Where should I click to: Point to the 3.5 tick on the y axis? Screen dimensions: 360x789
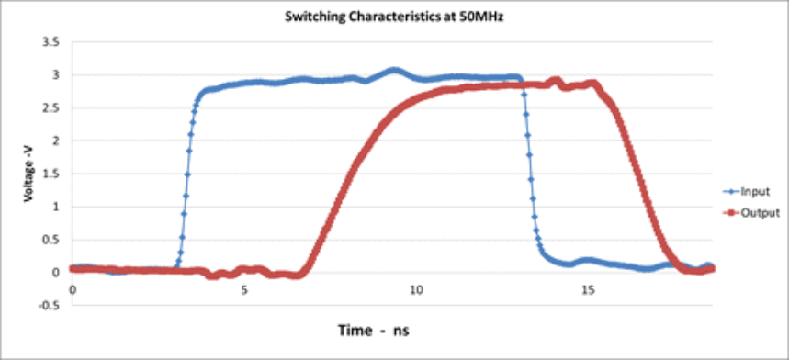52,42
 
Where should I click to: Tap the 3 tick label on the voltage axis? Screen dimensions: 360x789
57,75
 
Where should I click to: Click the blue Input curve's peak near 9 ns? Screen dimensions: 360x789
394,70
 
